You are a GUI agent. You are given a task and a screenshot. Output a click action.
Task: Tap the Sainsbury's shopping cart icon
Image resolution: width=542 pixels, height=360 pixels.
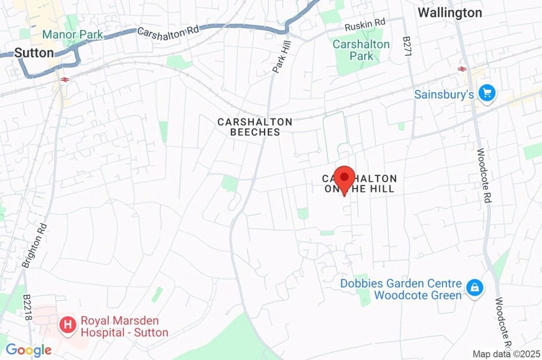point(488,93)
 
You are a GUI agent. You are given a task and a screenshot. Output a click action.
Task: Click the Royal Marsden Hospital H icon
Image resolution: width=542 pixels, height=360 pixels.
point(67,326)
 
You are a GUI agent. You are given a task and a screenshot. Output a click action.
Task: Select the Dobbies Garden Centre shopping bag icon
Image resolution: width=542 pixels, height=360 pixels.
point(474,288)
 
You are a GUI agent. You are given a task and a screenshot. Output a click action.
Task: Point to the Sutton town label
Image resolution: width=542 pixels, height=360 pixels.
point(34,53)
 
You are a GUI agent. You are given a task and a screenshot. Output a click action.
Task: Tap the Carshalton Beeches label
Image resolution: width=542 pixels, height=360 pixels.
point(254,127)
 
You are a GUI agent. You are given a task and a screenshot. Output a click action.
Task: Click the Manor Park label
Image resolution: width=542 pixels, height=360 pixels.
point(73,34)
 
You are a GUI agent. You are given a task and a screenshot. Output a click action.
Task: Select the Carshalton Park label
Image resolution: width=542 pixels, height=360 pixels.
point(361,50)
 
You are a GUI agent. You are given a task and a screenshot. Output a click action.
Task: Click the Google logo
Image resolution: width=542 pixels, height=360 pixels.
point(28,350)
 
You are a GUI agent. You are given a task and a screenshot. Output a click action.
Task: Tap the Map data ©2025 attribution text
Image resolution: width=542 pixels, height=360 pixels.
point(506,354)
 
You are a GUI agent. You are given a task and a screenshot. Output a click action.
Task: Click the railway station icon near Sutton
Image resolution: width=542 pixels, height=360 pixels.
point(65,79)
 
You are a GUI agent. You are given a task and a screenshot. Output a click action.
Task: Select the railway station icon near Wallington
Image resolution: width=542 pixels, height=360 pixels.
point(460,69)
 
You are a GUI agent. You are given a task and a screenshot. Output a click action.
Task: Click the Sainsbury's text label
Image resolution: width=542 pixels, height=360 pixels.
point(444,94)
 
